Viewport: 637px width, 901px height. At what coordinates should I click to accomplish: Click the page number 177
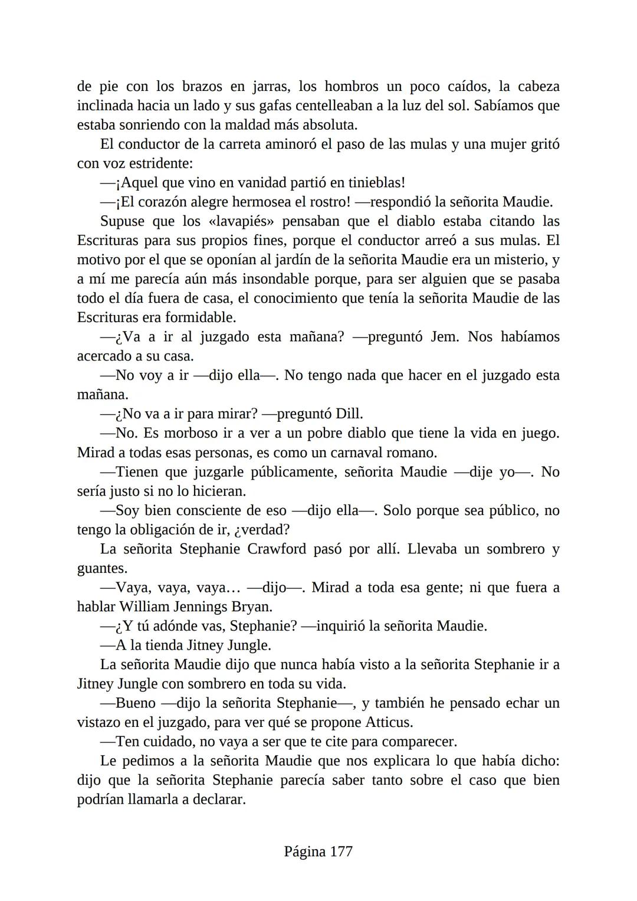tap(341, 851)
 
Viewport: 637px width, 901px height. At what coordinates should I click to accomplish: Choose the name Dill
tap(349, 414)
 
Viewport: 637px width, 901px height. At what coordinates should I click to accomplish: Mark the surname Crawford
tap(276, 549)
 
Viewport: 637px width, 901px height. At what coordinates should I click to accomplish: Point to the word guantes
tap(101, 569)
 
